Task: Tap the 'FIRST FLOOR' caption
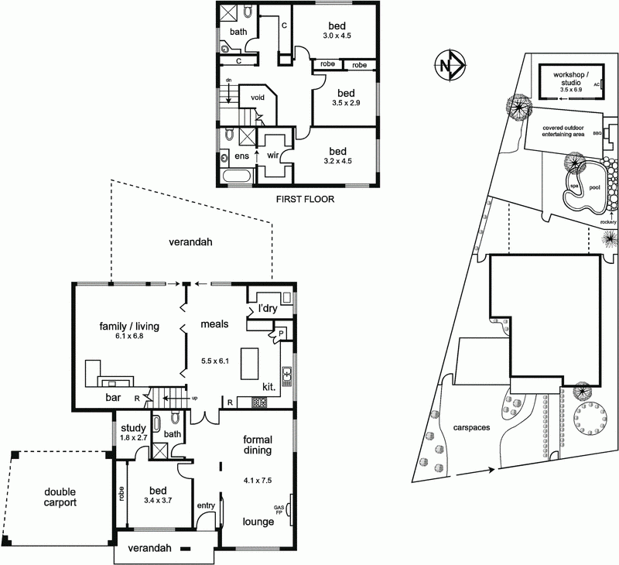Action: point(304,199)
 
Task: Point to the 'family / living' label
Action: point(121,326)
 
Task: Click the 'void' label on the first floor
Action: point(257,98)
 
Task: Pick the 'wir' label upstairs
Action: point(272,155)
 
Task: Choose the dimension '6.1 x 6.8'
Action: point(121,337)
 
